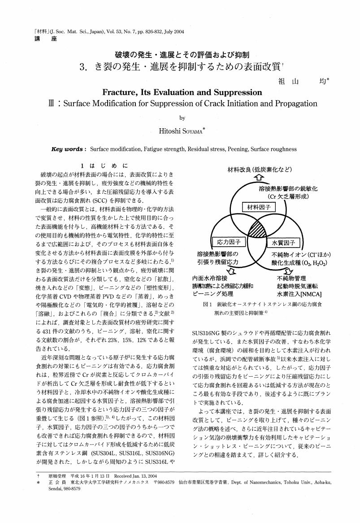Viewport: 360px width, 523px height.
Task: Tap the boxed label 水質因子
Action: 283,243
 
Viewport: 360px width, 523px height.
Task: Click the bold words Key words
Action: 69,149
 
